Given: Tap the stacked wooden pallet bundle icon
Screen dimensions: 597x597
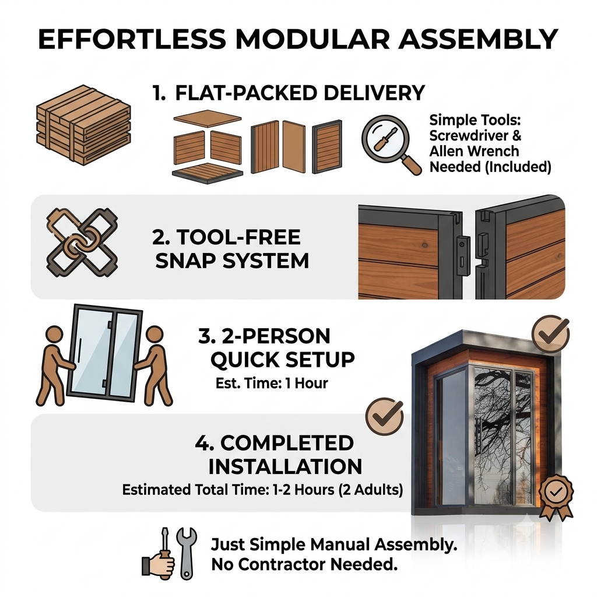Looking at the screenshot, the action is pos(83,125).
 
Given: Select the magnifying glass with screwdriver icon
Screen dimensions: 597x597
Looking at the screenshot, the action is pos(391,145).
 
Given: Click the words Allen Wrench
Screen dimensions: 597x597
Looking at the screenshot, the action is pos(474,151).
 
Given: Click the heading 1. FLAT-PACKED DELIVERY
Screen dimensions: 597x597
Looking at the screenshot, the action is pos(288,93).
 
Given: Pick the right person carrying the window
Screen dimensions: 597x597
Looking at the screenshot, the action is pos(153,366).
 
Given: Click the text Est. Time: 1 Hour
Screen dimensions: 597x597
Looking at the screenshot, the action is pos(272,383).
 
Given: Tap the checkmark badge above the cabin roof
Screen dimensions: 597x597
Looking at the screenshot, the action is pos(550,334).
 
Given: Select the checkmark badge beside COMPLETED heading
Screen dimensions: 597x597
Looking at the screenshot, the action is pos(384,417).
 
